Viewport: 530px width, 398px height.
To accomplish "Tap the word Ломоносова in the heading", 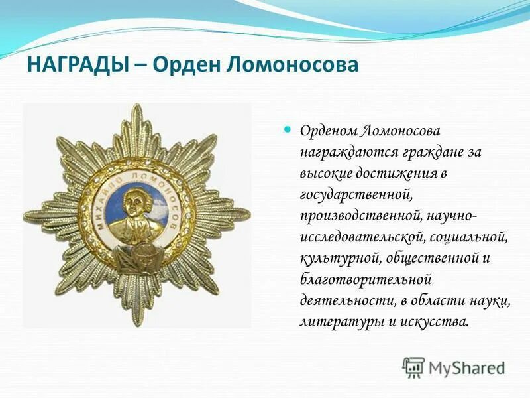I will click(290, 65).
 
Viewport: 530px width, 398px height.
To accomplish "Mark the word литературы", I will click(335, 322).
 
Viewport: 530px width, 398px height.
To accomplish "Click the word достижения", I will click(393, 173).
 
